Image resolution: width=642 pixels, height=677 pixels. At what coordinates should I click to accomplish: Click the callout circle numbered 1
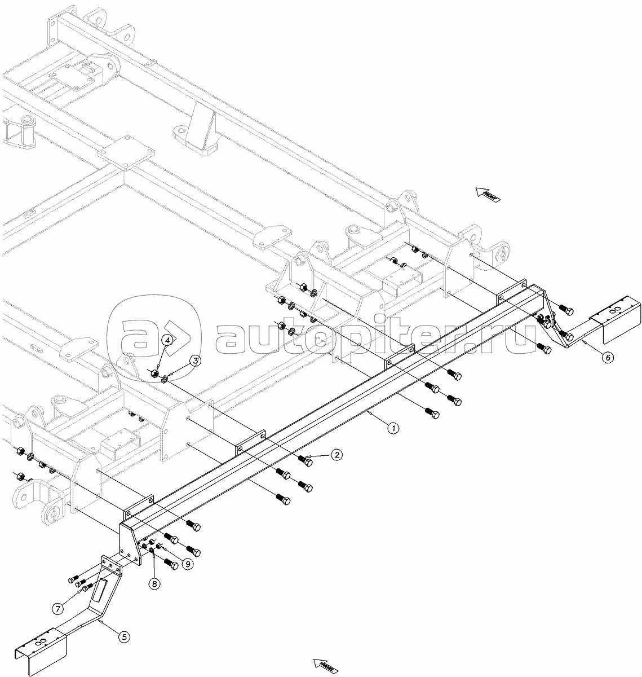point(393,428)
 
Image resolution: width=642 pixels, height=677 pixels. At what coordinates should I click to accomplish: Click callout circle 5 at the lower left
point(125,636)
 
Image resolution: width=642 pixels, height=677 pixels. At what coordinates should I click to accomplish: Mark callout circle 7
point(58,609)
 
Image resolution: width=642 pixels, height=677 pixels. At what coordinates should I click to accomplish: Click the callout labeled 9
point(187,563)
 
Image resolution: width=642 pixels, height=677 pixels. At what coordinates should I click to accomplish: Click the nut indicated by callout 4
point(154,373)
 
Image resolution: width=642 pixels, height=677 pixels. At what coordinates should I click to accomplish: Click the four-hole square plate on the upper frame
point(126,153)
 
